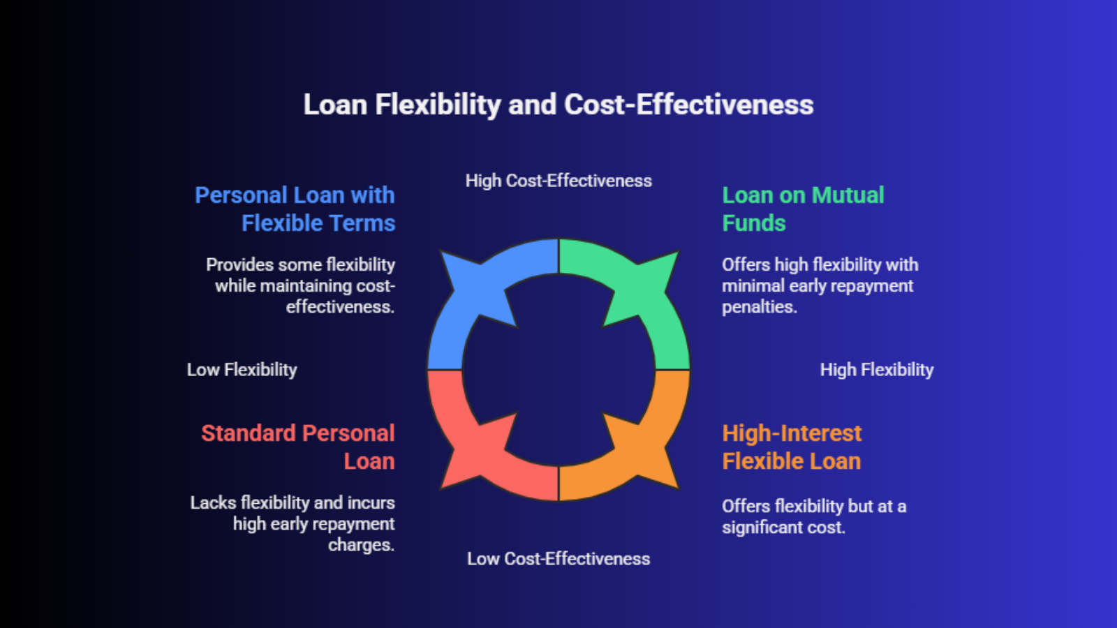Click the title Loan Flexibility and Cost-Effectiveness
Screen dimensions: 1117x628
tap(558, 105)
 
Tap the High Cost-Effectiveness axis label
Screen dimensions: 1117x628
tap(558, 181)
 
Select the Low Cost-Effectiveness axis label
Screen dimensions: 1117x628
tap(558, 559)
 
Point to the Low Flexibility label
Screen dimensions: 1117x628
tap(242, 370)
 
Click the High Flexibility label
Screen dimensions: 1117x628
tap(877, 370)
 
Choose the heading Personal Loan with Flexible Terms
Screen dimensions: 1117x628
tap(295, 209)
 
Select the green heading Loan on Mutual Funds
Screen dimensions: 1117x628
tap(803, 209)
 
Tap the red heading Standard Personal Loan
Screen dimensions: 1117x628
tap(297, 447)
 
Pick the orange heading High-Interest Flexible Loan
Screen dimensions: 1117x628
tap(792, 447)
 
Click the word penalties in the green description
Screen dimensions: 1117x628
tap(760, 307)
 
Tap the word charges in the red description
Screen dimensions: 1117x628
tap(361, 545)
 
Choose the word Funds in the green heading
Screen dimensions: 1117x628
tap(754, 223)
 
